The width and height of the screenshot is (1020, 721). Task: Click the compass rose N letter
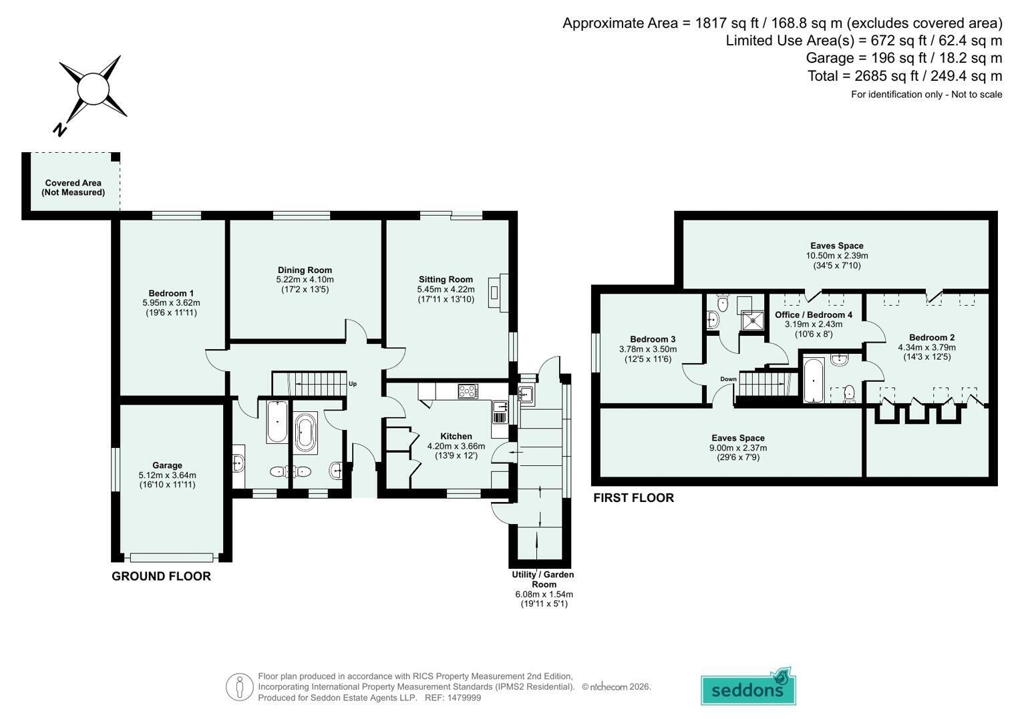pos(60,130)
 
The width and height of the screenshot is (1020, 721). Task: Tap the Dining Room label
pos(305,270)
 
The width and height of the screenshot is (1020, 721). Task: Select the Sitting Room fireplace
pos(498,292)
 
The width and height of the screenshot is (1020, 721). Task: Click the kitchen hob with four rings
pos(468,391)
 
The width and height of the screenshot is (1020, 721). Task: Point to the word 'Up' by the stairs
pos(353,384)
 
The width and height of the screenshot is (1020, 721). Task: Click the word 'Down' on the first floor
pos(728,379)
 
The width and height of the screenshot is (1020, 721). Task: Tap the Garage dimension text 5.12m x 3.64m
pos(168,475)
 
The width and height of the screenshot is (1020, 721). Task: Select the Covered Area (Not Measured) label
pos(73,188)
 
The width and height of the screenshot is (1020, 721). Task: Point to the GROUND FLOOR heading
pos(161,576)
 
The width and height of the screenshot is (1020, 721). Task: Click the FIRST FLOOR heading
pos(633,497)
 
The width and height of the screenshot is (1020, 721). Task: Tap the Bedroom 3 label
pos(653,339)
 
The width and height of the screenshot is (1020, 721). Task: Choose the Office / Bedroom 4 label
pos(814,314)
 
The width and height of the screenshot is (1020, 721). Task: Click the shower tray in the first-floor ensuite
pos(753,320)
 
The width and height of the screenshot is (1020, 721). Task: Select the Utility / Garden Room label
pos(543,579)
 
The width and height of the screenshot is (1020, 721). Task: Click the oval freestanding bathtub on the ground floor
pos(305,433)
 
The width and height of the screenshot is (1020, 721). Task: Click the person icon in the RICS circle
pos(240,688)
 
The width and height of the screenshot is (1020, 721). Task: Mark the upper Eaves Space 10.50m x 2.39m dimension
pos(837,255)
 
